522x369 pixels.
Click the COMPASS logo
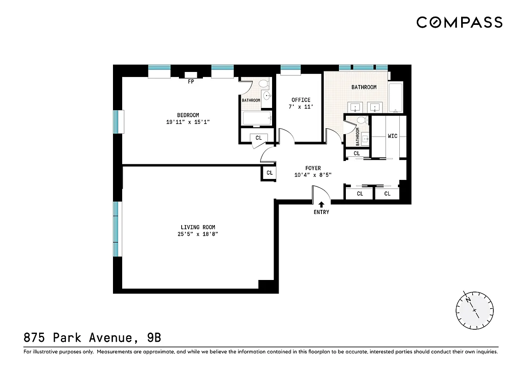(459, 22)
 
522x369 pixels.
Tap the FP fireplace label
(190, 83)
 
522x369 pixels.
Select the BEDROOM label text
(188, 115)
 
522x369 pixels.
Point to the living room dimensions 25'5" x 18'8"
(198, 234)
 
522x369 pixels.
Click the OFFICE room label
(301, 100)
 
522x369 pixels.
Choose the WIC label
(392, 136)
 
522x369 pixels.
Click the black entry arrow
(321, 203)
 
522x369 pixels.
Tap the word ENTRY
(321, 212)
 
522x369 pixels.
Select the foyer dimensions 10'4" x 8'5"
(313, 175)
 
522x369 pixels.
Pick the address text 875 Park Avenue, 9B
(92, 338)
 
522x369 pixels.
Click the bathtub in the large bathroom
(395, 98)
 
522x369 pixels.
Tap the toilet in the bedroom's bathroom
(264, 84)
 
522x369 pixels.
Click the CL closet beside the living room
(269, 173)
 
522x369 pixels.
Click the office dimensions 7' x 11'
(301, 107)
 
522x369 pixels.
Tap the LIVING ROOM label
(198, 227)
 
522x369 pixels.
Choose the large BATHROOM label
(364, 87)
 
